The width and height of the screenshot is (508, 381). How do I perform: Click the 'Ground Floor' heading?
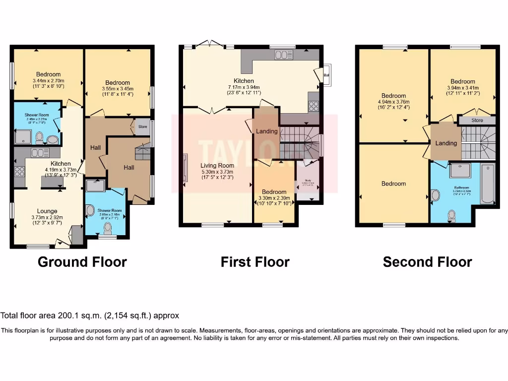tap(82, 261)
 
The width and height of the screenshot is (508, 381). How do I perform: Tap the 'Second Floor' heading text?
tap(427, 261)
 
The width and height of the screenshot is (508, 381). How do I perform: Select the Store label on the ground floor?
tap(143, 127)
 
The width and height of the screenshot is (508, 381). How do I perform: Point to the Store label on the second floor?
tap(477, 120)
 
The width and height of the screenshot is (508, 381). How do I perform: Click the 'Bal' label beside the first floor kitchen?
tap(326, 75)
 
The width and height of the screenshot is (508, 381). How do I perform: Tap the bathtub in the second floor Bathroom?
tap(488, 185)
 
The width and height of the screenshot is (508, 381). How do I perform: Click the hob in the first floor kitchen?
tap(314, 105)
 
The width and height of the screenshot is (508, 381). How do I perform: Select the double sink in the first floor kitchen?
tap(284, 55)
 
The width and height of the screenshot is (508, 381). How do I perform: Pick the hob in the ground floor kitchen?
tap(19, 172)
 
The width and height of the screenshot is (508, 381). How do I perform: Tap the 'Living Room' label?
tap(217, 166)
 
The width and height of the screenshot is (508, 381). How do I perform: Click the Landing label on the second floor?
tap(445, 143)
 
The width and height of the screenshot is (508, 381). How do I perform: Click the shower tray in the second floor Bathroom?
tap(463, 171)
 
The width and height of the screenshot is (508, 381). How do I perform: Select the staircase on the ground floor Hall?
tap(143, 151)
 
